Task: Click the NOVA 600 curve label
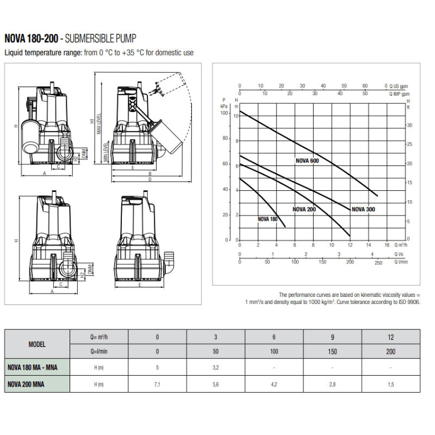pos(307,160)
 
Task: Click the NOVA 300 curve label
pos(363,209)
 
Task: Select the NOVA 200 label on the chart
pos(304,209)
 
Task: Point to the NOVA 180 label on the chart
pos(268,219)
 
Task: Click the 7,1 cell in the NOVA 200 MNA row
pos(158,384)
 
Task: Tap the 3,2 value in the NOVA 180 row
pos(216,368)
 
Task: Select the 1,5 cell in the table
pos(390,384)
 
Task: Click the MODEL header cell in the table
pos(37,344)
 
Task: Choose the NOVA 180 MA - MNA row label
pos(37,368)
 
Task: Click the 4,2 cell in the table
pos(274,384)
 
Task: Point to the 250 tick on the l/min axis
pos(378,264)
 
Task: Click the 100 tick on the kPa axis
pos(224,113)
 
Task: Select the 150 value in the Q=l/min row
pos(332,351)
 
